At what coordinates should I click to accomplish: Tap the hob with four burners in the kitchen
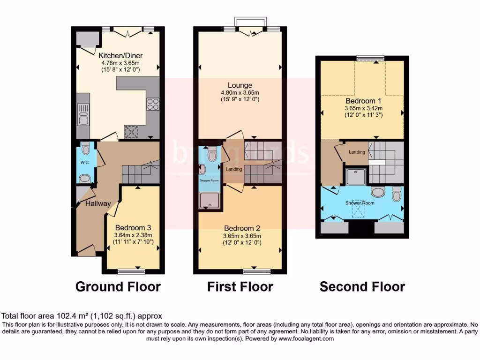point(153,104)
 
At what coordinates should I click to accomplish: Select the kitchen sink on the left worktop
point(83,114)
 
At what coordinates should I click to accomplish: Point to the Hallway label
point(98,203)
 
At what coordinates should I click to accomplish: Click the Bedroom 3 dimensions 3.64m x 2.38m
point(133,235)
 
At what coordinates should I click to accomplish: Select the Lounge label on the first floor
point(240,85)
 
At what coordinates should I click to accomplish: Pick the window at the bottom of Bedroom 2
point(257,271)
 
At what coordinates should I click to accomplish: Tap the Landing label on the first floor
point(233,169)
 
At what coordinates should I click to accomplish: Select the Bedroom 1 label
point(360,101)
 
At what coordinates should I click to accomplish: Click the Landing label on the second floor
point(357,152)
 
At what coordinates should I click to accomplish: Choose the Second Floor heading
point(362,286)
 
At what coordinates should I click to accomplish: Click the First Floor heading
point(240,286)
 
